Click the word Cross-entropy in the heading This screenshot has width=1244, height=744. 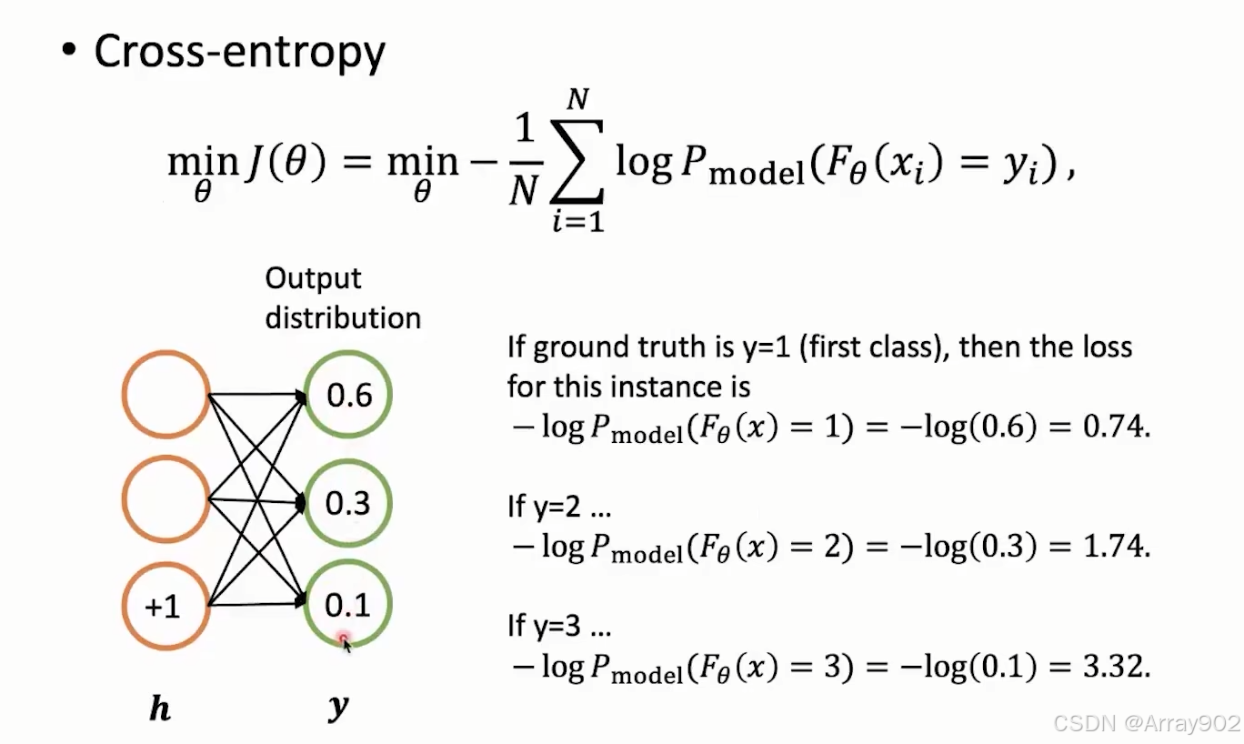coord(239,53)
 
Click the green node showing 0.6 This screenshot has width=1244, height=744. coord(349,395)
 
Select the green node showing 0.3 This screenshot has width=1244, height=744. coord(349,502)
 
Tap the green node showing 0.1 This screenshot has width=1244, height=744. coord(349,605)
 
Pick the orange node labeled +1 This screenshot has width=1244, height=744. coord(166,607)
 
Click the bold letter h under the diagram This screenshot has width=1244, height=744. coord(160,709)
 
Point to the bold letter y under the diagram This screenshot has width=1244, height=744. coord(338,708)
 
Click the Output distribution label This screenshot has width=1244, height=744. coord(343,297)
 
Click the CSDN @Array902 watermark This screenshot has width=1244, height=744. coord(1146,723)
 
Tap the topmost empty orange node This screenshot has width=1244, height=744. coord(166,395)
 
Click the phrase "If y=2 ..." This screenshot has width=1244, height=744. coord(558,508)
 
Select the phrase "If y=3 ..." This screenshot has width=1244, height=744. coord(558,628)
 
